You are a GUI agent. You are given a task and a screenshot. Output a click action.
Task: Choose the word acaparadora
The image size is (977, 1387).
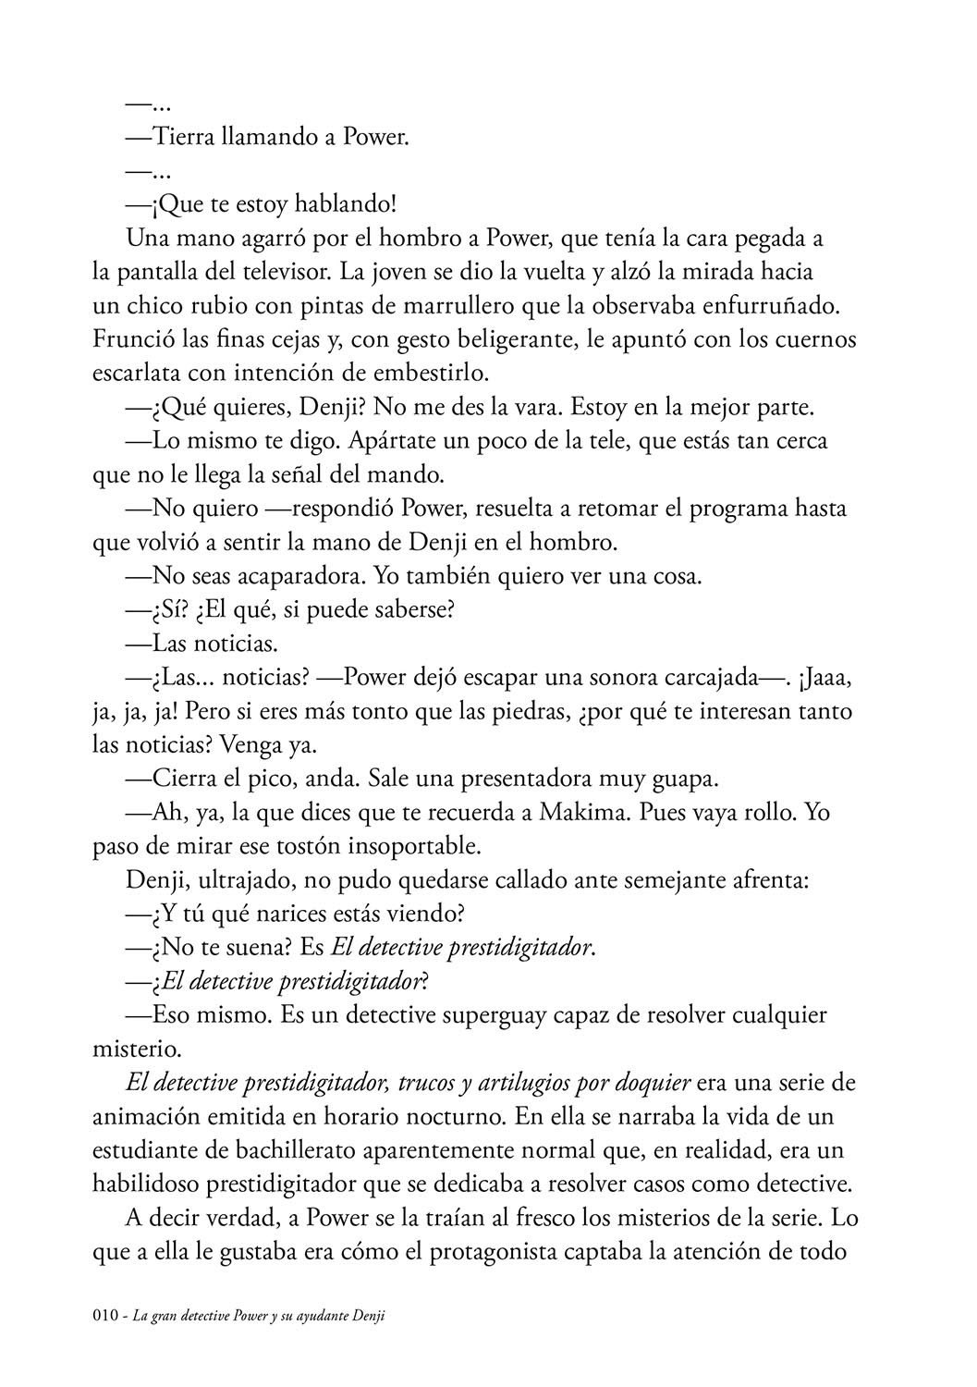[287, 575]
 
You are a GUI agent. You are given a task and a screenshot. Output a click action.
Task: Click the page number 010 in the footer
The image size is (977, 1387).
[107, 1318]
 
